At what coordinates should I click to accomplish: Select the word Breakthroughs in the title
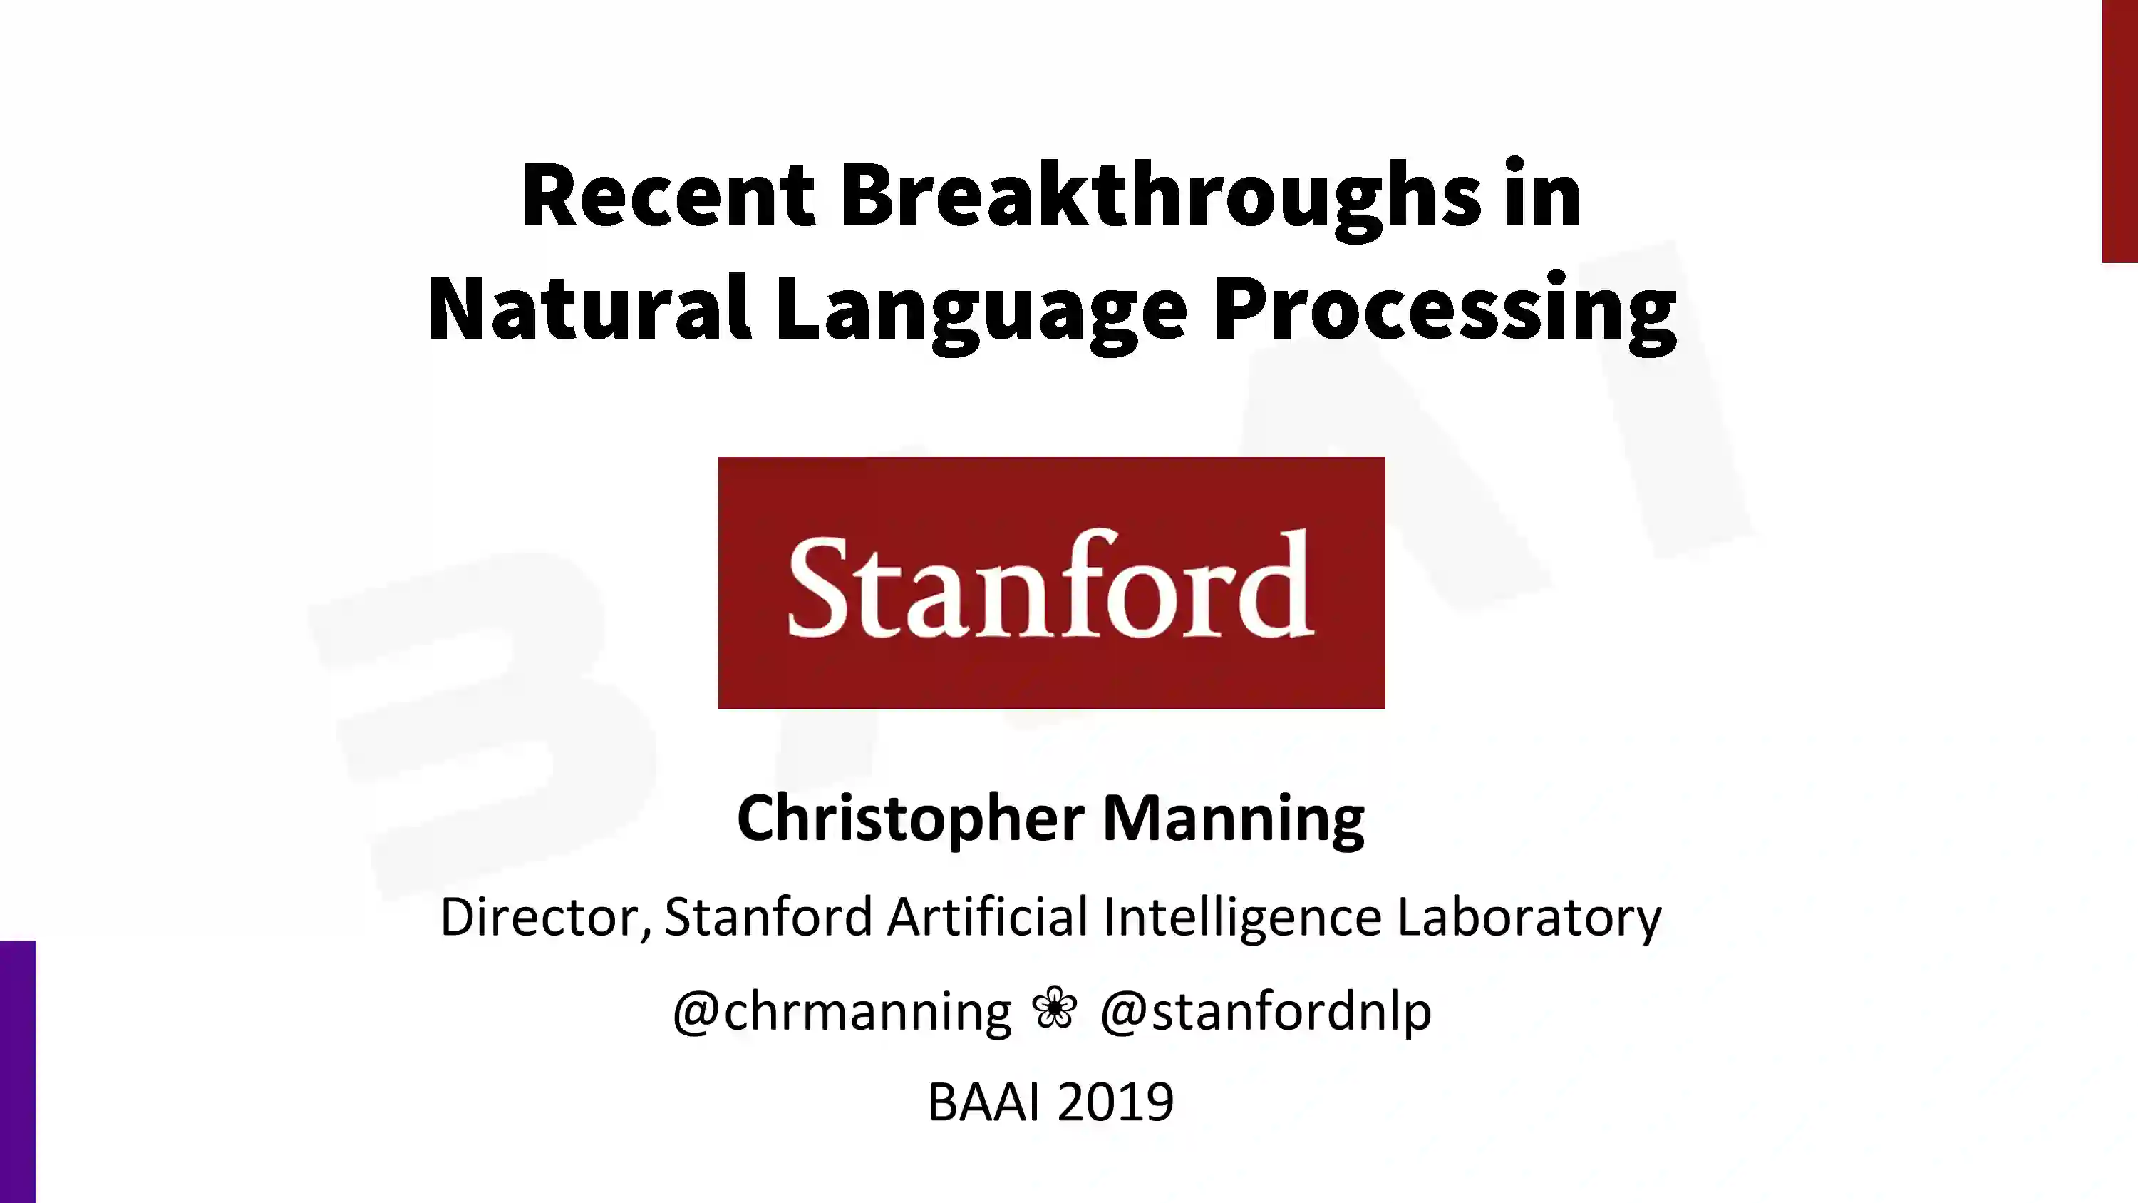click(1160, 199)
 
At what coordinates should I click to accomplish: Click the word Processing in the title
click(1445, 312)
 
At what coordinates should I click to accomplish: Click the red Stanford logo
click(1052, 583)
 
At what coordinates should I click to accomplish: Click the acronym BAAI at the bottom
click(983, 1102)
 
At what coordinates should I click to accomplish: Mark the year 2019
click(1115, 1102)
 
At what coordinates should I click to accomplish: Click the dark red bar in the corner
click(2119, 131)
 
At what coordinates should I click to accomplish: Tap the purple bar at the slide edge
click(17, 1072)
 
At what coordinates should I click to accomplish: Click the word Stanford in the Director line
click(768, 916)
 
